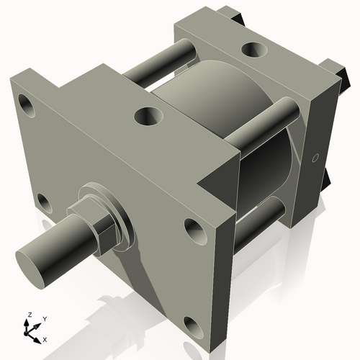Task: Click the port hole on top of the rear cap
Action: (x=254, y=49)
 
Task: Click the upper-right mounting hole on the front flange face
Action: (x=194, y=230)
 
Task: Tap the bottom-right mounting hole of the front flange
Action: (x=194, y=328)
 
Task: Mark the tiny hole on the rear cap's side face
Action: (x=315, y=157)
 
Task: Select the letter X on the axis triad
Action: (x=45, y=338)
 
